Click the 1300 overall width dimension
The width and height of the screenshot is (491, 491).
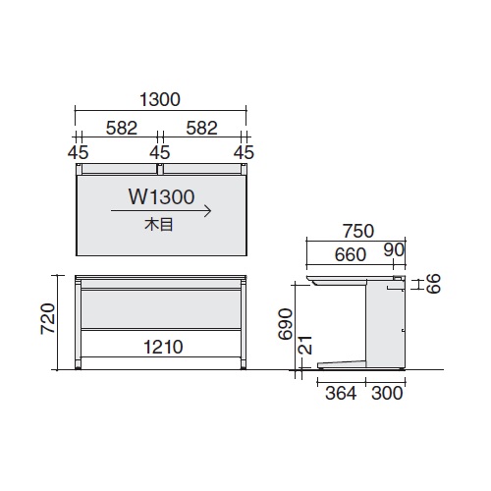click(160, 99)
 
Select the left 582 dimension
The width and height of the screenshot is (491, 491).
click(122, 128)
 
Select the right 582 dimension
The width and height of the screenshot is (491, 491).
click(202, 128)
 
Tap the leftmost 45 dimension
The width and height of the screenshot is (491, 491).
click(79, 152)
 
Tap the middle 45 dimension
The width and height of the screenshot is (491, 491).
click(160, 152)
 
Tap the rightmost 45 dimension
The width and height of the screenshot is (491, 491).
click(244, 152)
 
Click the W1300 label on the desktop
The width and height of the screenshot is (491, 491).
click(162, 196)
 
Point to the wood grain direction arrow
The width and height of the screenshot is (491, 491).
click(161, 211)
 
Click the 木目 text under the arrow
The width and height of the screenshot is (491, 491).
click(159, 225)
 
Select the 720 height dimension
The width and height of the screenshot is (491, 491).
click(48, 319)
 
